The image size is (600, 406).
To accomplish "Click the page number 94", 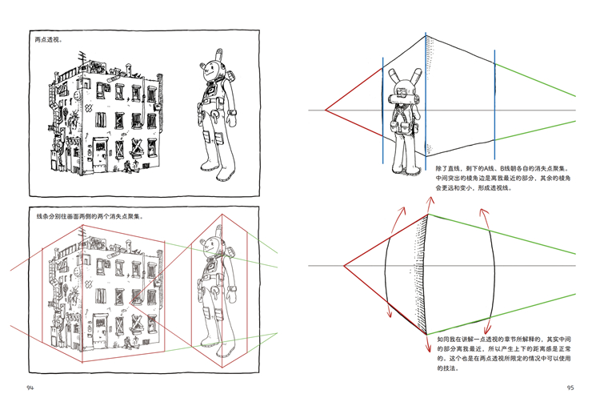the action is pyautogui.click(x=30, y=388).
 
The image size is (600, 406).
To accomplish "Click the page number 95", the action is pyautogui.click(x=570, y=388).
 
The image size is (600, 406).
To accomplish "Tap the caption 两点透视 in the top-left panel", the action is pyautogui.click(x=49, y=39).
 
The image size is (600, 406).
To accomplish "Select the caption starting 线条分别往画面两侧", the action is pyautogui.click(x=90, y=216).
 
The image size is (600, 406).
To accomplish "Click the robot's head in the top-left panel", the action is pyautogui.click(x=213, y=70).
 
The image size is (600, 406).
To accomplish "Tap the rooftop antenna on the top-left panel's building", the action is pyautogui.click(x=82, y=58).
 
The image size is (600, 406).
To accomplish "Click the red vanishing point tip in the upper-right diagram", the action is pyautogui.click(x=326, y=111).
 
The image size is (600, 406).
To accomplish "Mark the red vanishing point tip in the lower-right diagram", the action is pyautogui.click(x=344, y=265).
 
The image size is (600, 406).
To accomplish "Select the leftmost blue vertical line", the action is pyautogui.click(x=382, y=111).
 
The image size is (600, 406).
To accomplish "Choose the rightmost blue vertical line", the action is pyautogui.click(x=494, y=104).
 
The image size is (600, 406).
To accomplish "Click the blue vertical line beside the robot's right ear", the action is pyautogui.click(x=426, y=102).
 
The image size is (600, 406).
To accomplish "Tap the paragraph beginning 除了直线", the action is pyautogui.click(x=503, y=178).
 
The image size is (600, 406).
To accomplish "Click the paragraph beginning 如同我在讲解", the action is pyautogui.click(x=504, y=353).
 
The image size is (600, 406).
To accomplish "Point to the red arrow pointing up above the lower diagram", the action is pyautogui.click(x=430, y=205).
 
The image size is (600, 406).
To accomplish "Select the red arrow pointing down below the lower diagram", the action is pyautogui.click(x=428, y=344).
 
